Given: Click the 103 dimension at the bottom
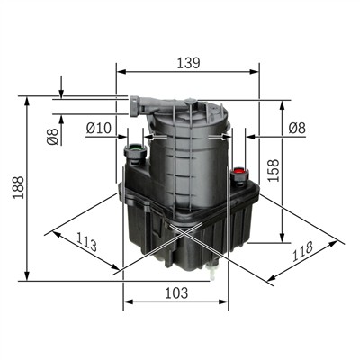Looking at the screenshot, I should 176,292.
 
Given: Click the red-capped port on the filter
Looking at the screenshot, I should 239,169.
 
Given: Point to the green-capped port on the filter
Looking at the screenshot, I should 135,150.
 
